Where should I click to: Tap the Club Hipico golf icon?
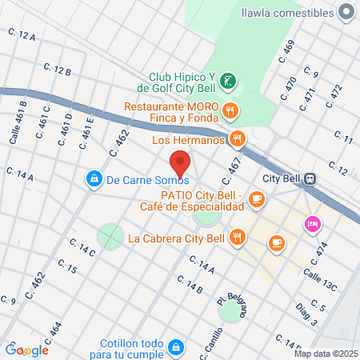click(229, 80)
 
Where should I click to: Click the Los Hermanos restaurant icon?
click(237, 139)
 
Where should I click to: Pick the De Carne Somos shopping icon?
click(94, 178)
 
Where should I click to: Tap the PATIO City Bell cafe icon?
click(256, 199)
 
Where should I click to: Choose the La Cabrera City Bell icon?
click(237, 237)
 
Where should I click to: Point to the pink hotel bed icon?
click(311, 225)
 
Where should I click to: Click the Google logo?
click(26, 350)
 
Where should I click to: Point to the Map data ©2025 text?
click(325, 354)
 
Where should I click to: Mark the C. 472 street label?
click(334, 98)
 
